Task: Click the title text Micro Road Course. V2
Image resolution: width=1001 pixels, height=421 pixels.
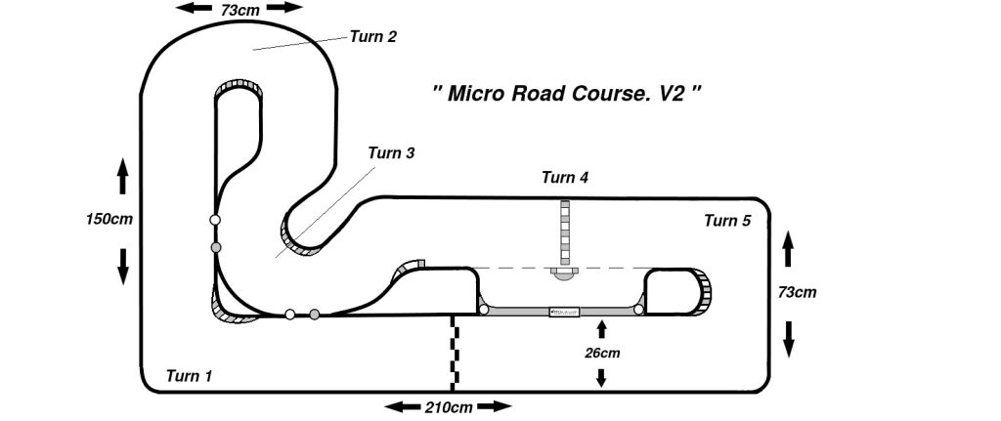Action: point(567,96)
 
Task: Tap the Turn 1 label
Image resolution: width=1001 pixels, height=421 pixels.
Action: point(189,375)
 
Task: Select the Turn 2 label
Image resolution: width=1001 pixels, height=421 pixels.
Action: point(372,38)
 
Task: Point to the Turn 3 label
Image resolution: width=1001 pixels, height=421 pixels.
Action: point(391,153)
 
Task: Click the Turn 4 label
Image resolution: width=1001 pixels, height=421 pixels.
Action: point(565,178)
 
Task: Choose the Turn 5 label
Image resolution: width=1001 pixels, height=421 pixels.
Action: point(727,221)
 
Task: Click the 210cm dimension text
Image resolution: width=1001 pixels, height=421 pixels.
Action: point(449,406)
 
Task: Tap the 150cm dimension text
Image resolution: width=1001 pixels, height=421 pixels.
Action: point(109,219)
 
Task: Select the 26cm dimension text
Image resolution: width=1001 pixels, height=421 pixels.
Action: point(601,352)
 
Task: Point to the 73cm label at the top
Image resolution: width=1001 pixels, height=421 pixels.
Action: point(240,8)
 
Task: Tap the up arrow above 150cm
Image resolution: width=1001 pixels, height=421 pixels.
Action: point(123,175)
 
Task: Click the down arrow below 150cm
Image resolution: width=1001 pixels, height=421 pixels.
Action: point(123,265)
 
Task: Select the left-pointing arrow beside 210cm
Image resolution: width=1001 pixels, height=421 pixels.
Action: point(402,406)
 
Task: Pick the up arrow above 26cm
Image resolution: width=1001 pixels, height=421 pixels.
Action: point(601,326)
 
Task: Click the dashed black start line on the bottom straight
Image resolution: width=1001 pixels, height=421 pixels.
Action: point(453,353)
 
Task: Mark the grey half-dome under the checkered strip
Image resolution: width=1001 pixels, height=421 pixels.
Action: point(564,274)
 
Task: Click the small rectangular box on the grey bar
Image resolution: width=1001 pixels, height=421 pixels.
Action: point(564,312)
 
